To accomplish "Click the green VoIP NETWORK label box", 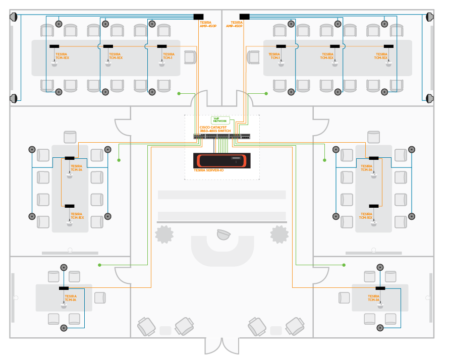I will (220, 121).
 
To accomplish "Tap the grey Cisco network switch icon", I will (221, 136).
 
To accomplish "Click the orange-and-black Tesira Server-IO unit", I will (221, 160).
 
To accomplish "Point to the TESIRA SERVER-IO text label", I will (208, 170).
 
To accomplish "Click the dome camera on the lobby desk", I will (222, 234).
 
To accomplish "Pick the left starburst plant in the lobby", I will (164, 234).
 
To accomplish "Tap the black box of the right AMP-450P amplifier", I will (245, 17).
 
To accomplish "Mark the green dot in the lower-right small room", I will (344, 265).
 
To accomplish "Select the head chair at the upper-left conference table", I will (190, 57).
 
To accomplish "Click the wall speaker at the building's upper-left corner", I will (14, 17).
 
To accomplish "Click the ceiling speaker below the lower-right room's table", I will (380, 328).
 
